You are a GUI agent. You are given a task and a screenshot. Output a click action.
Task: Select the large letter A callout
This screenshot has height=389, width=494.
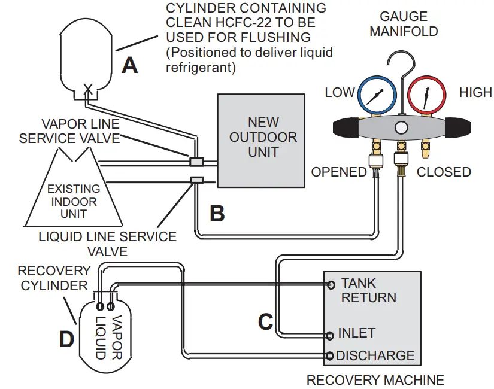pos(129,64)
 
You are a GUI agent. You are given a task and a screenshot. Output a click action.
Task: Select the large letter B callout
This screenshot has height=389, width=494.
pos(217,212)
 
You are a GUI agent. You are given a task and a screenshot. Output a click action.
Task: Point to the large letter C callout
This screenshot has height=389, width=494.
pos(265,321)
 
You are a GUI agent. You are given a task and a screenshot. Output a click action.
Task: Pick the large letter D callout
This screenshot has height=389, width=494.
pos(66,339)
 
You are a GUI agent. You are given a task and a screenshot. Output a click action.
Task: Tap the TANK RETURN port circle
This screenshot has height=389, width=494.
pos(331,285)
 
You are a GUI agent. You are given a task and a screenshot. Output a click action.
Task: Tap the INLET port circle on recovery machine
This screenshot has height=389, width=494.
pos(331,335)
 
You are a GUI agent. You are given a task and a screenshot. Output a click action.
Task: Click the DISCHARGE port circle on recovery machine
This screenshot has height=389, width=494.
pos(331,357)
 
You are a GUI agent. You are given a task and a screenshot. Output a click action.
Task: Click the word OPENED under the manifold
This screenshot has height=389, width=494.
pos(338,172)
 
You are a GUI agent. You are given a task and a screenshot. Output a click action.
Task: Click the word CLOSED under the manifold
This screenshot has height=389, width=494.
pos(444,172)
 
